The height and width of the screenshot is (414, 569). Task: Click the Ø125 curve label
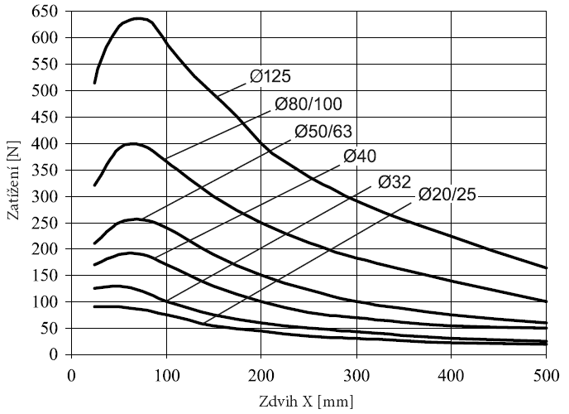(x=270, y=77)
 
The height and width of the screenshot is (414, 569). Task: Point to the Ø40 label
(x=361, y=156)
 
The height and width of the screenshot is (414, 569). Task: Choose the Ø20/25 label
(x=447, y=195)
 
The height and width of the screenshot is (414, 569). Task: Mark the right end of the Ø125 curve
(x=545, y=267)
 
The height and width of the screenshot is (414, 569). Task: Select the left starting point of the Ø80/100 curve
(x=94, y=185)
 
